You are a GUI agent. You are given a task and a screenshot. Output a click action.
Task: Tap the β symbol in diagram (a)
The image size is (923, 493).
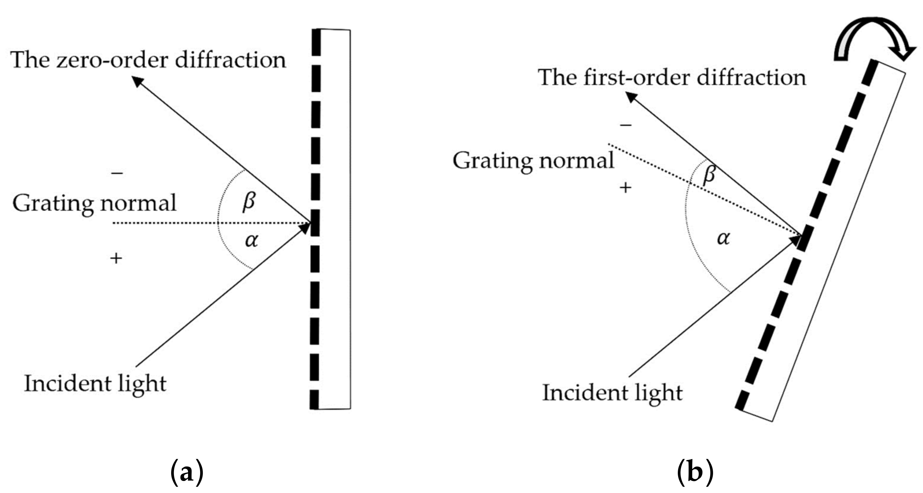point(249,202)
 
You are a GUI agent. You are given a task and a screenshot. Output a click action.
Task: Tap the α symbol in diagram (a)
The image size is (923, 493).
point(252,240)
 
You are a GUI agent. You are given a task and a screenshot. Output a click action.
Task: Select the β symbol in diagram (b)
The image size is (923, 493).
point(709,175)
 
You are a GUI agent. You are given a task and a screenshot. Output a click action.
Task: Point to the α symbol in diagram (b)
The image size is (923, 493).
point(723,238)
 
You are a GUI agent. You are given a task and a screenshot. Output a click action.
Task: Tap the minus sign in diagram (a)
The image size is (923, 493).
point(117,173)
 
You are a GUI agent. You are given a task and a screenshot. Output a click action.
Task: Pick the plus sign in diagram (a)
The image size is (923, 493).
point(116,258)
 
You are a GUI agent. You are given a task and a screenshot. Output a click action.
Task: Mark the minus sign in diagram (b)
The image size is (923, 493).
point(626,125)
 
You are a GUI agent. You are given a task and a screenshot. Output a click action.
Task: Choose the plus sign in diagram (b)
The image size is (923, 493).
point(626,188)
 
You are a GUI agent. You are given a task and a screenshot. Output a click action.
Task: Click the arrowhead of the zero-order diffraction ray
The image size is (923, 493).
point(137,81)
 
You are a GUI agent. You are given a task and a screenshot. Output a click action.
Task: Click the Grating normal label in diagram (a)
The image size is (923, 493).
point(94,203)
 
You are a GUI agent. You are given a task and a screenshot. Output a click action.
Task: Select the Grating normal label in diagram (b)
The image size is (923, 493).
point(533,161)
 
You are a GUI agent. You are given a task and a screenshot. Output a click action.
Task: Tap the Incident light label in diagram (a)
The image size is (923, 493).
point(95,384)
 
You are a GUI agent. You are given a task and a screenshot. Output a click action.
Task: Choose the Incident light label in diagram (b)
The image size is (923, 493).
point(612,393)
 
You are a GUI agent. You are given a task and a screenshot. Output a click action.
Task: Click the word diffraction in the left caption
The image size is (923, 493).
point(230,60)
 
